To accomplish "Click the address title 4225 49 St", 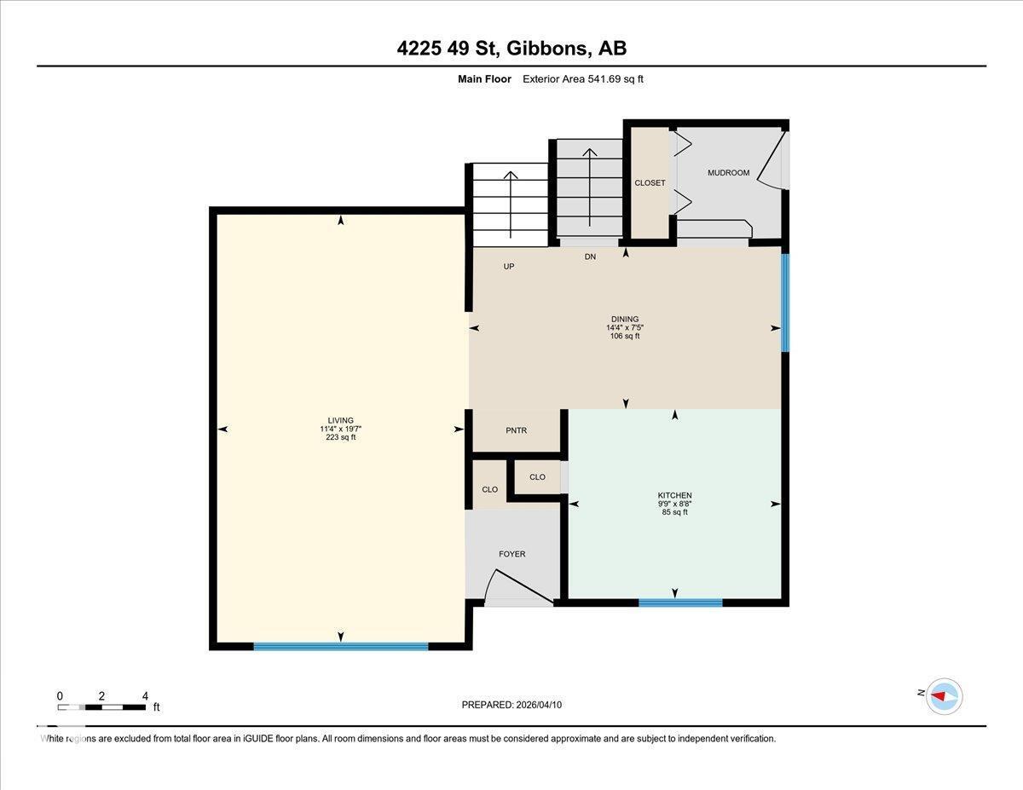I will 511,49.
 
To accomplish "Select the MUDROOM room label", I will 728,173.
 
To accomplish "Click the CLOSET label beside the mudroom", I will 650,183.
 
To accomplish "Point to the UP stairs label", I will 509,267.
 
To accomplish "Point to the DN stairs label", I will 590,257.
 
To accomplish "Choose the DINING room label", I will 625,320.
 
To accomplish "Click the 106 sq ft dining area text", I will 625,336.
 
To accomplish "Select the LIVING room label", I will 340,420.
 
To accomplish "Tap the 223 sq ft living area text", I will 340,437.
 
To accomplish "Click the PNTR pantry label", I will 516,430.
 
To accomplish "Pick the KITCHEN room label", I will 674,495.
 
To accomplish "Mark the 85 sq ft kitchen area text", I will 674,512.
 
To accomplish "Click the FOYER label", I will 511,554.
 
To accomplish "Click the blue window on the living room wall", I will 340,646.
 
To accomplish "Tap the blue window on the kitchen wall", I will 680,603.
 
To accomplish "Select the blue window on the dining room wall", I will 785,302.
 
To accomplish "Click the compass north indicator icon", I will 943,695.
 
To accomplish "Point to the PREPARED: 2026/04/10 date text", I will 511,705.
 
